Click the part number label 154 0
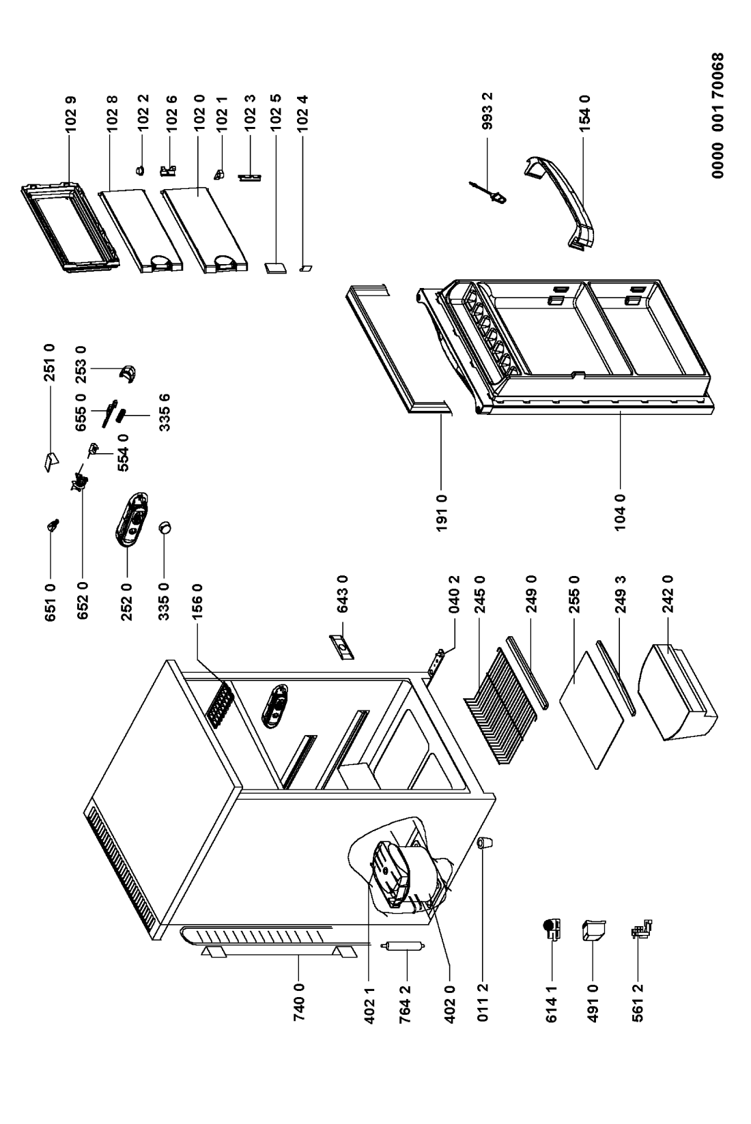[585, 113]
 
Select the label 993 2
[487, 111]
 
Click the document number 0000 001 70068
[718, 115]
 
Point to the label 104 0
[620, 512]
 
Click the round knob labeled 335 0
[165, 528]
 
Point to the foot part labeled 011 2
[484, 843]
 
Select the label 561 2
[638, 1004]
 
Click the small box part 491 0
[593, 930]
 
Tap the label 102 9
[71, 114]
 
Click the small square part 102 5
[276, 268]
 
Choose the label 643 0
[343, 594]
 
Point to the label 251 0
[50, 362]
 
